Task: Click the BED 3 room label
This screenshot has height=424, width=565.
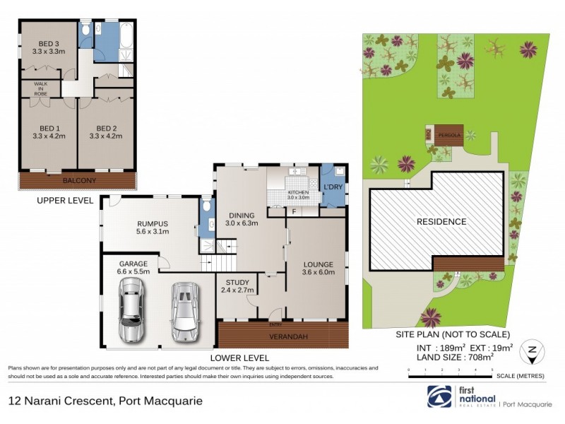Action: pos(47,42)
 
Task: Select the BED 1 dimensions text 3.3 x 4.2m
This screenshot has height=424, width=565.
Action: pos(47,138)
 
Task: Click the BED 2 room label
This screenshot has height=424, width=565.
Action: pos(105,129)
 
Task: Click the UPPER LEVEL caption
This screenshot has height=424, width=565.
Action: pos(65,201)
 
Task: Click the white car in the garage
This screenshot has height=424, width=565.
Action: pos(185,311)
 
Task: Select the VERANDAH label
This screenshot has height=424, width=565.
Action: pos(284,336)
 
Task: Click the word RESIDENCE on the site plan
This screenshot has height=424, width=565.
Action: pos(441,221)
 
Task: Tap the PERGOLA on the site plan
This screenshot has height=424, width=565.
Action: pos(448,134)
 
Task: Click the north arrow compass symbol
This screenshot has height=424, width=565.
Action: pos(532,351)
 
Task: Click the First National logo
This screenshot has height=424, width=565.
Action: pos(438,396)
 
